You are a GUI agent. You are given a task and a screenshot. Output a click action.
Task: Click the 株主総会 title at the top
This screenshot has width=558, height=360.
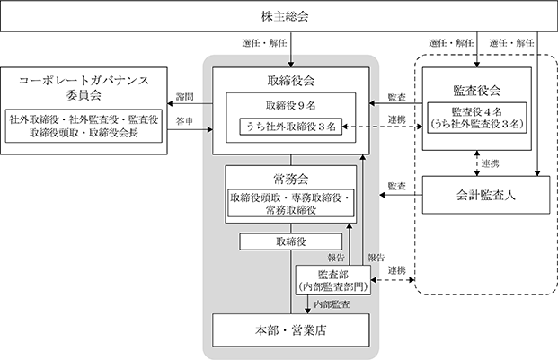pos(285,16)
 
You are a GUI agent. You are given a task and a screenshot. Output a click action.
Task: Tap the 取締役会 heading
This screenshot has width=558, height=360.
pos(291,81)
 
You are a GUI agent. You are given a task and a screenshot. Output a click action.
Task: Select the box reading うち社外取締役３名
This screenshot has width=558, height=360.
pos(291,127)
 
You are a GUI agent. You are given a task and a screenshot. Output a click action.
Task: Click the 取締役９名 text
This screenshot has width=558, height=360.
pos(291,105)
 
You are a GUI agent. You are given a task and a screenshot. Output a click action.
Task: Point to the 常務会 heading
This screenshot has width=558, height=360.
pos(291,179)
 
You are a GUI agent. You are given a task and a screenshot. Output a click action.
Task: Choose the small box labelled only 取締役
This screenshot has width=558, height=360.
pos(291,241)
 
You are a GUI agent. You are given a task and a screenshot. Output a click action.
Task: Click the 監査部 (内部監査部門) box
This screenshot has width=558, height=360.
pos(333,280)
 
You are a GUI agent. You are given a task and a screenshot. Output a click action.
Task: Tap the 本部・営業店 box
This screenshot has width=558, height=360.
pos(291,330)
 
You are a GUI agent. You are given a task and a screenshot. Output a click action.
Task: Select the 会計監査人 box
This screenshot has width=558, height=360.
pos(486,195)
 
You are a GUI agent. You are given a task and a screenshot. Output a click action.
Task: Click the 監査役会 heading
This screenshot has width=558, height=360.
pos(477,91)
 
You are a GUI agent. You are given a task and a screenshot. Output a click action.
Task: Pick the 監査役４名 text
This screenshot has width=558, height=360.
pos(477,111)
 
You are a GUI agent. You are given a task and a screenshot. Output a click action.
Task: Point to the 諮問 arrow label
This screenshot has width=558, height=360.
pos(185,97)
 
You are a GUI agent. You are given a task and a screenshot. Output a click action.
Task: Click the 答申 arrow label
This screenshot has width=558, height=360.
pos(185,121)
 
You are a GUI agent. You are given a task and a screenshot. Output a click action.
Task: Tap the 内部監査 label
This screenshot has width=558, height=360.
pos(332,304)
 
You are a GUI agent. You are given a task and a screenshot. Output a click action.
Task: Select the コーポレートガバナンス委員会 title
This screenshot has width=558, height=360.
pos(84,87)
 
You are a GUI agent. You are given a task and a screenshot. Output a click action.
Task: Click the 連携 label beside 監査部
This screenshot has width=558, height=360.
pos(397,270)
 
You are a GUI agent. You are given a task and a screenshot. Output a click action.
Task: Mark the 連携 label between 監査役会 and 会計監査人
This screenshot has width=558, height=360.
pos(490,163)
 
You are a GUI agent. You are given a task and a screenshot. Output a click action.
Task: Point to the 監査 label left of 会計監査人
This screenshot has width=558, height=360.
pos(397,186)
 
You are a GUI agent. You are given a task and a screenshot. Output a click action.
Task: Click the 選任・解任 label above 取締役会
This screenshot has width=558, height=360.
pos(264,43)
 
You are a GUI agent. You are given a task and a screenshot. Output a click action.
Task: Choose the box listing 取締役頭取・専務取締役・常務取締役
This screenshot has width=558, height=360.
pos(291,203)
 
